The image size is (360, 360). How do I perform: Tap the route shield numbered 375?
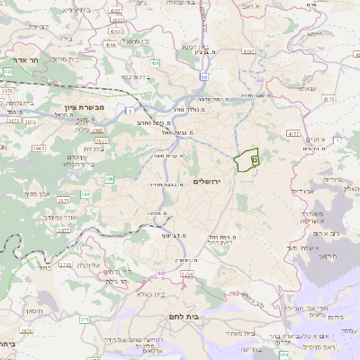click(85, 319)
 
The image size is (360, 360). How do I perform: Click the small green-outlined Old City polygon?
click(246, 160)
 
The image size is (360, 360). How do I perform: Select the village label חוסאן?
click(33, 310)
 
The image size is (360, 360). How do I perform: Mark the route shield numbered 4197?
click(114, 8)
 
